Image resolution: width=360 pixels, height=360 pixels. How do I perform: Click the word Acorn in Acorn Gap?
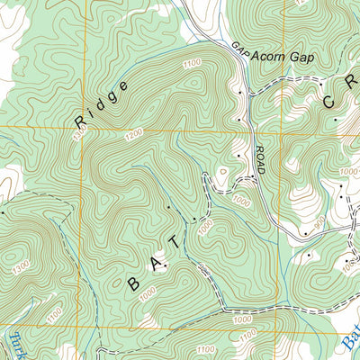click(267, 56)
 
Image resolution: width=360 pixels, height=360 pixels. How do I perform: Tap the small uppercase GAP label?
click(238, 49)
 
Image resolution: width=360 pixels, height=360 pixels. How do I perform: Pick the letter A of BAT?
click(156, 263)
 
